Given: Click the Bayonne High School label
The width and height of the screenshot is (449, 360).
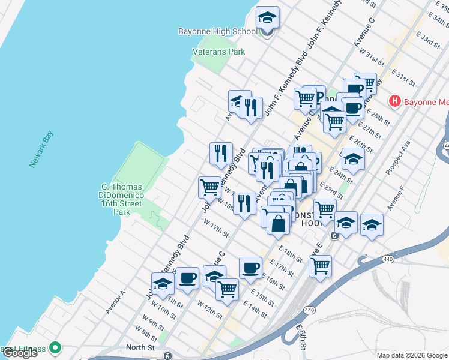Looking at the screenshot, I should tap(217, 31).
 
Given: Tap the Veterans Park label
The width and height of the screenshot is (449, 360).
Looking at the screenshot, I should tap(218, 52).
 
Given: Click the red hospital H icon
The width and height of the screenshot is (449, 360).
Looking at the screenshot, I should tap(394, 101).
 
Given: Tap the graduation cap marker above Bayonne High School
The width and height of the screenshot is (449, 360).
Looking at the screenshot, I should tap(267, 18).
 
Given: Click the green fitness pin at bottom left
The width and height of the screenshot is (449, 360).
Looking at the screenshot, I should tap(55, 347).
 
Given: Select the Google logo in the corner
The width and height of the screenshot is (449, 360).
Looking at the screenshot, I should tap(20, 353).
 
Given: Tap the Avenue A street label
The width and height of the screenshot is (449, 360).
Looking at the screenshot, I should tap(115, 302).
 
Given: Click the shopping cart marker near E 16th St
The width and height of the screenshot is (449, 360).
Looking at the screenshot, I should tap(320, 265).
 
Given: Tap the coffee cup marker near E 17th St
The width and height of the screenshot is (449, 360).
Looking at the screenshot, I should tap(250, 268).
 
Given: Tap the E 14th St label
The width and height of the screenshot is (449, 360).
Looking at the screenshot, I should tap(255, 310).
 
